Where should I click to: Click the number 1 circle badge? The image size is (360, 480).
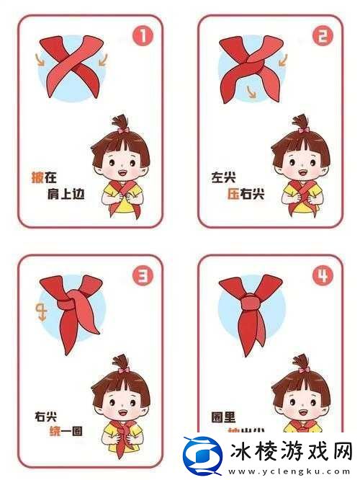(143, 36)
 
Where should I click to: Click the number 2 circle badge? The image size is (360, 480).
(323, 36)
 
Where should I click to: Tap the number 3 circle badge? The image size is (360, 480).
(143, 275)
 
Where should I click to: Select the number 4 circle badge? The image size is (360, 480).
(322, 275)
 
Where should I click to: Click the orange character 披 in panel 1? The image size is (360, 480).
(38, 176)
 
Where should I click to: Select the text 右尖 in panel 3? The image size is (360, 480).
(47, 416)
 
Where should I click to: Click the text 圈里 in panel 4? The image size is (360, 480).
(220, 416)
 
